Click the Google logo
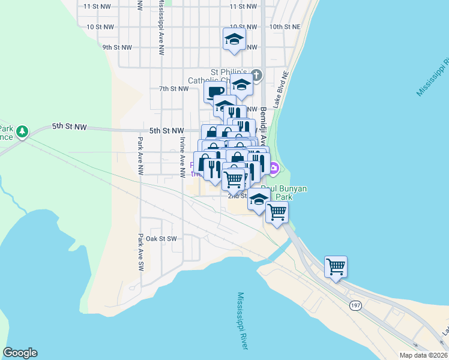coord(20,353)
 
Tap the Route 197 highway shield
coord(355,305)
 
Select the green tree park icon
coord(22,131)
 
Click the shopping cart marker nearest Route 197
coord(336,266)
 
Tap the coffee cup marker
coord(215,92)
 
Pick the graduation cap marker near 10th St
coord(234,39)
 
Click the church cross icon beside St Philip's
coord(256,75)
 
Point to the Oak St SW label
coord(161,238)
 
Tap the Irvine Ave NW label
coord(182,157)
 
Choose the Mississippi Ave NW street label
coord(161,31)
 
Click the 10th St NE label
coord(285,27)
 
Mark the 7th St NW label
coord(173,88)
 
